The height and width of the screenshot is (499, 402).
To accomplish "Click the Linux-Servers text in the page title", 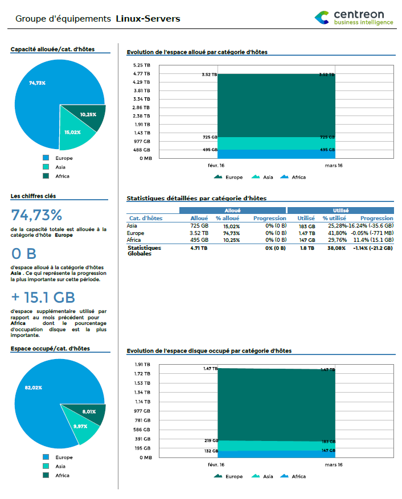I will coord(147,19).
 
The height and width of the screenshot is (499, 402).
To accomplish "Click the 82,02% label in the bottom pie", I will coord(34,387).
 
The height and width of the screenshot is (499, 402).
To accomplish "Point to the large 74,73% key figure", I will coord(36,215).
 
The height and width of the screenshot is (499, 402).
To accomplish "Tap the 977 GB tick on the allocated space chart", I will coord(142,141).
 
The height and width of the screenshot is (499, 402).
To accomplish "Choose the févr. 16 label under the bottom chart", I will coord(216,464).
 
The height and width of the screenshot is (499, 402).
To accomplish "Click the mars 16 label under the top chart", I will coord(333,166).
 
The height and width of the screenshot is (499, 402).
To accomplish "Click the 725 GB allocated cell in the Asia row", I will coord(199,226).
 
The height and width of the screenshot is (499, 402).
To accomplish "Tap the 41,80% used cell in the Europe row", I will coord(337,233).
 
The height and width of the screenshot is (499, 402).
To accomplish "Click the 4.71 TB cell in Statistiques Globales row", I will coord(198,248).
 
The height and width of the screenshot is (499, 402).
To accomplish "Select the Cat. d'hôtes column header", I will coord(146,218).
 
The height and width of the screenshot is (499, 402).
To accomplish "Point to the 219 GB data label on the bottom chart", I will coord(211,441).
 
